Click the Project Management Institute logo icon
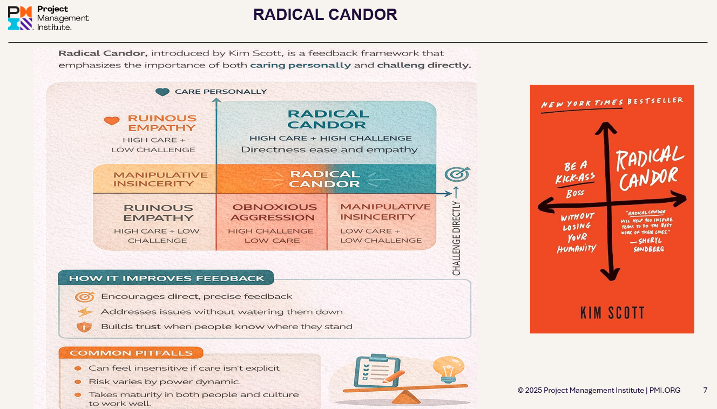tap(20, 17)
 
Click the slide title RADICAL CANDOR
tap(325, 15)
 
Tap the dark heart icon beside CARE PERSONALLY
tap(162, 92)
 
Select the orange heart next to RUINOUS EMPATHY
tap(112, 120)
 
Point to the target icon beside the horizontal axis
tap(457, 174)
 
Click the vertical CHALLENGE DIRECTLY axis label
tap(457, 238)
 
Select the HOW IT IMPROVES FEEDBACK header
tap(166, 278)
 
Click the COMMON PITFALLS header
tap(131, 353)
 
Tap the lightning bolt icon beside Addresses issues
tap(85, 312)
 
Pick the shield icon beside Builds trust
tap(85, 326)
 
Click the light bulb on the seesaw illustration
tap(448, 367)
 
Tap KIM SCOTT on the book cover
tap(612, 312)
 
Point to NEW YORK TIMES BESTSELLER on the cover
tap(612, 103)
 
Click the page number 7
tap(705, 390)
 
